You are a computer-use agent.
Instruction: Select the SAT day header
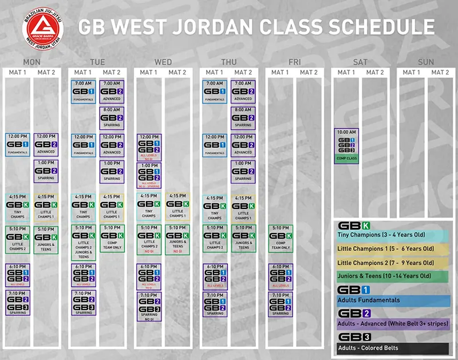tap(360, 62)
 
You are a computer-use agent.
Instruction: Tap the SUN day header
tap(425, 62)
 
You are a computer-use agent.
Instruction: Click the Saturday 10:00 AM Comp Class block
tap(346, 146)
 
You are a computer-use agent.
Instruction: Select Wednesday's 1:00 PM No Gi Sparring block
tap(148, 175)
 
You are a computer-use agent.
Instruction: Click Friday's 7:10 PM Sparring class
tap(281, 303)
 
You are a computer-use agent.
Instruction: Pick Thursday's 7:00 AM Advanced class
tap(243, 91)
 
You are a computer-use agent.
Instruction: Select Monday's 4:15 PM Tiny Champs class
tap(17, 207)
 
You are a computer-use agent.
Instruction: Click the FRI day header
tap(294, 62)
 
